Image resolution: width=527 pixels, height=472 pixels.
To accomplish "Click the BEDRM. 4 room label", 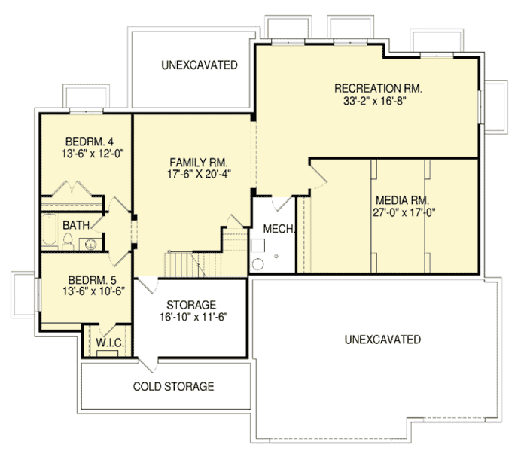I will (84, 141).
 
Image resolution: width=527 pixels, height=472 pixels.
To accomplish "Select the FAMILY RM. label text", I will (198, 163).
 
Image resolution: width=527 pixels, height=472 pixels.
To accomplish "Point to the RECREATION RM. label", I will (378, 89).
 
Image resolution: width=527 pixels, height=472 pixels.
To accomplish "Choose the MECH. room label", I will (278, 228).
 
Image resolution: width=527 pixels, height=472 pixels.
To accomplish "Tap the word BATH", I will (77, 225).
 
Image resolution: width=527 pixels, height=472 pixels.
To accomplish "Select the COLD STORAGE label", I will (174, 387).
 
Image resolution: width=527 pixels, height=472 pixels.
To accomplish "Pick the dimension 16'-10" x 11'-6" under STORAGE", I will (192, 317).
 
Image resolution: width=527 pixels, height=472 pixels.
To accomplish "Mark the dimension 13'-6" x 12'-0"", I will (84, 153).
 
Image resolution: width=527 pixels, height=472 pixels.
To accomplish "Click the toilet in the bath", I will (68, 242).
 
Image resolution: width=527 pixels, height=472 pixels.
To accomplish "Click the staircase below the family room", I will (184, 264).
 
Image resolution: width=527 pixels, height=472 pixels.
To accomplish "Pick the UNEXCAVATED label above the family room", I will (199, 65).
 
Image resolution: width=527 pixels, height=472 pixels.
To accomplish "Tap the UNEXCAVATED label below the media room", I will (382, 340).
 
